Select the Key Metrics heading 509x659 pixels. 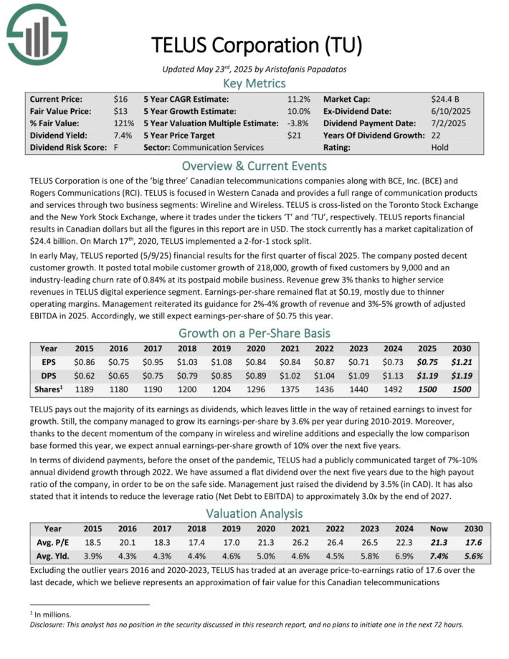[255, 83]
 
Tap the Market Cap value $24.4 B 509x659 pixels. [446, 99]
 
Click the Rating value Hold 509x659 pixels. [439, 148]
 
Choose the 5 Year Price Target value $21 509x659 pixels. [294, 136]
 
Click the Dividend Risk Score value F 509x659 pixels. [115, 148]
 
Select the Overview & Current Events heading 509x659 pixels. [255, 165]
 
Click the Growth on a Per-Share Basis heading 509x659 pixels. [255, 333]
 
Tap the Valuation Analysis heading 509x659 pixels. [255, 513]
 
